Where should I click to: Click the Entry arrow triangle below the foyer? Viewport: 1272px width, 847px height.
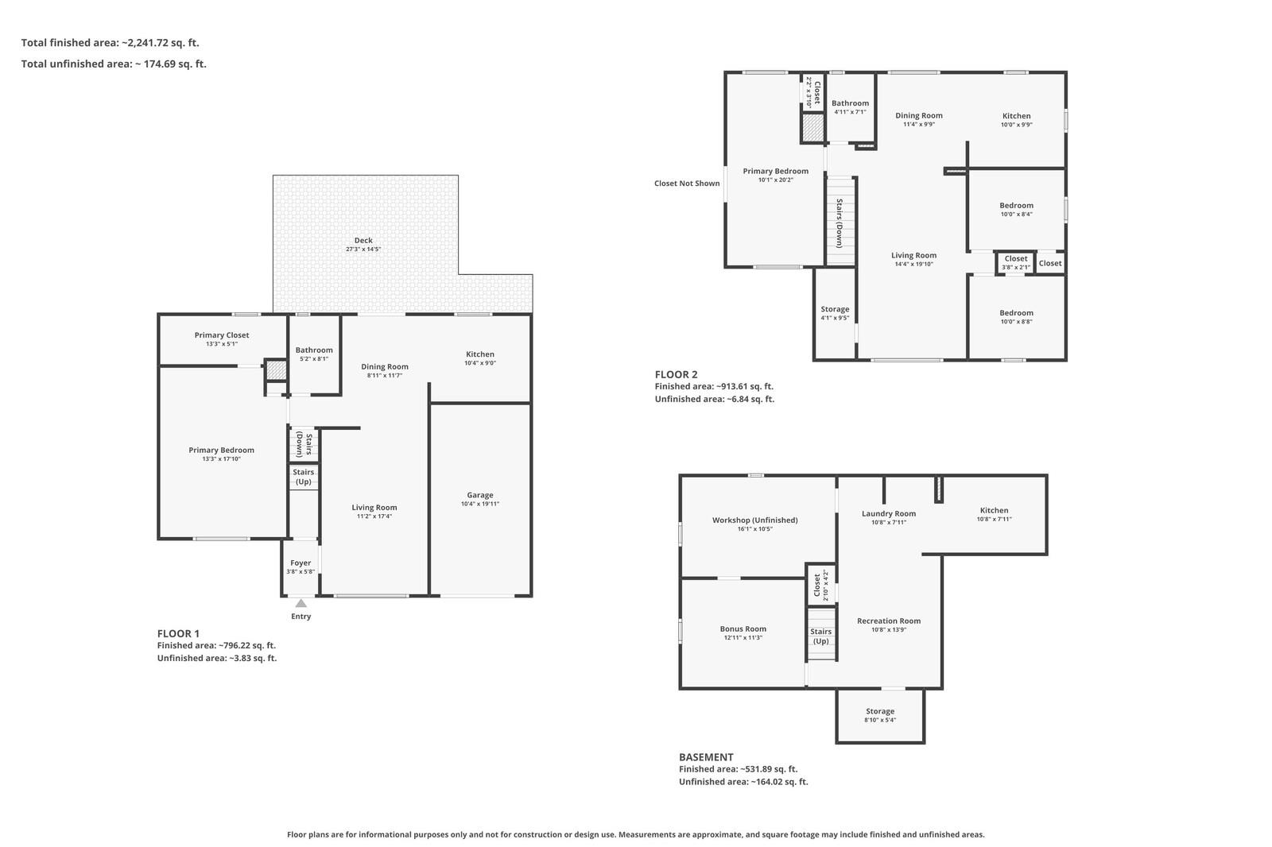click(x=301, y=603)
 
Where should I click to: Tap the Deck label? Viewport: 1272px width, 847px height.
click(x=363, y=240)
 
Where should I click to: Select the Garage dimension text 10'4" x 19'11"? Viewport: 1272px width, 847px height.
click(x=480, y=504)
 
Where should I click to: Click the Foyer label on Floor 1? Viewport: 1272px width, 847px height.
click(x=301, y=563)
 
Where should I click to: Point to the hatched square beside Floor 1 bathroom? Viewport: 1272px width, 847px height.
click(x=277, y=370)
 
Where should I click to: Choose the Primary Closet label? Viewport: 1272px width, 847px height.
click(x=222, y=335)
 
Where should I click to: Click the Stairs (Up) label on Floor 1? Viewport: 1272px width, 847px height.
click(x=303, y=477)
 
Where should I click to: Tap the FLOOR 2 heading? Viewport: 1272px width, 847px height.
click(x=676, y=375)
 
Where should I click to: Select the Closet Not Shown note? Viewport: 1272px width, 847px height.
click(x=687, y=184)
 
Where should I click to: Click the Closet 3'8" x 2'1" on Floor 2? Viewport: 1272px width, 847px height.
click(x=1016, y=262)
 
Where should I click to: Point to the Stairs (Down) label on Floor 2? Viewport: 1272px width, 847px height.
click(x=840, y=223)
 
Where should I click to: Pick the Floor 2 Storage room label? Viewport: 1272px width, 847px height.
click(x=835, y=309)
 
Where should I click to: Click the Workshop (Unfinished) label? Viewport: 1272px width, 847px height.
click(x=754, y=520)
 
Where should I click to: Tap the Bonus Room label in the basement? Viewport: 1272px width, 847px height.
click(x=743, y=628)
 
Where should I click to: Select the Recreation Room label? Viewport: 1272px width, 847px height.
click(x=889, y=621)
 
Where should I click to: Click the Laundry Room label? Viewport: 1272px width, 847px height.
click(x=889, y=513)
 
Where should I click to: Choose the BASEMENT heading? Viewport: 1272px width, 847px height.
click(x=706, y=757)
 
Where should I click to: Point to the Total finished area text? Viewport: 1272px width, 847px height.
click(x=111, y=43)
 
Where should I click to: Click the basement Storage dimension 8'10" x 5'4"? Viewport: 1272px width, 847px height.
click(x=880, y=720)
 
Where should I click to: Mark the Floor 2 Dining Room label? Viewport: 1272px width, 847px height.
click(x=919, y=115)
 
